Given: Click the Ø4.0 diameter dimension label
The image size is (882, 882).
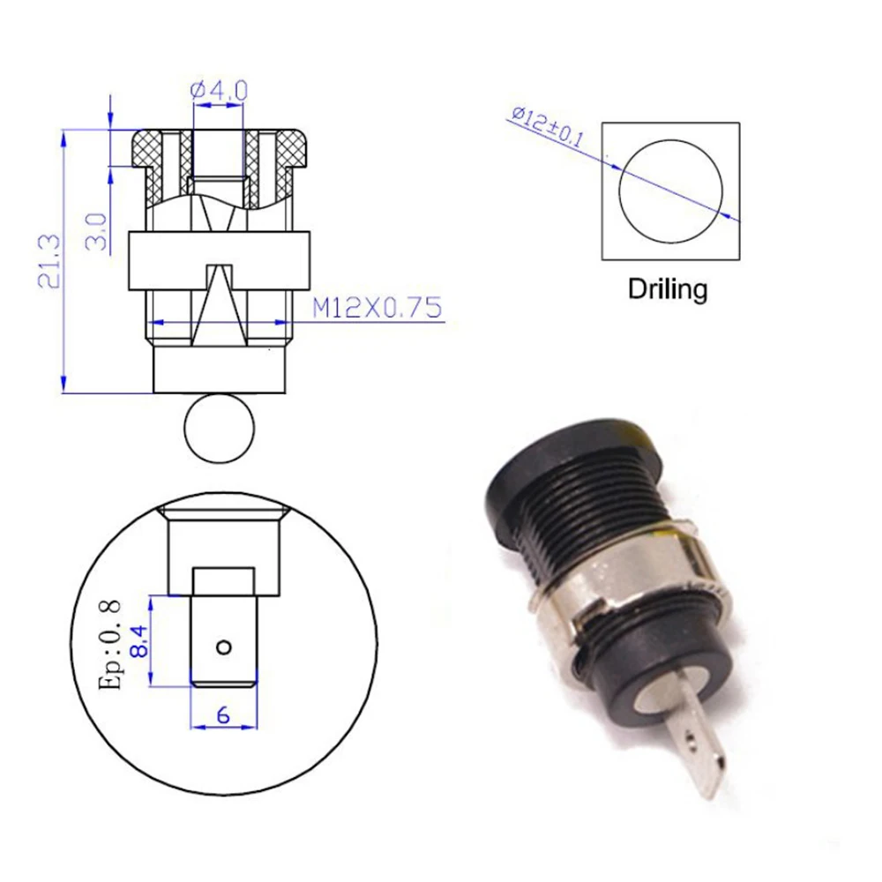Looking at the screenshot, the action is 219,91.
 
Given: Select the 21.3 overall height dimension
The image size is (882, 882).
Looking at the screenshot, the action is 49,262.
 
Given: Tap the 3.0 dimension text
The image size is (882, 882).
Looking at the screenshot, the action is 96,231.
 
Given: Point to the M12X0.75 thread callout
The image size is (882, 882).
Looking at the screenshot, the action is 377,308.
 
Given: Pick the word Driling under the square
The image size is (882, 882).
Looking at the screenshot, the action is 668,289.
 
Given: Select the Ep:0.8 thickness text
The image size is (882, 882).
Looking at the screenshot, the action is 109,645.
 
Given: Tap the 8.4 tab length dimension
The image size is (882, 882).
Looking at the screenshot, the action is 139,641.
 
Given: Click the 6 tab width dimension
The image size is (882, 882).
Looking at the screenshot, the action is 223,715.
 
